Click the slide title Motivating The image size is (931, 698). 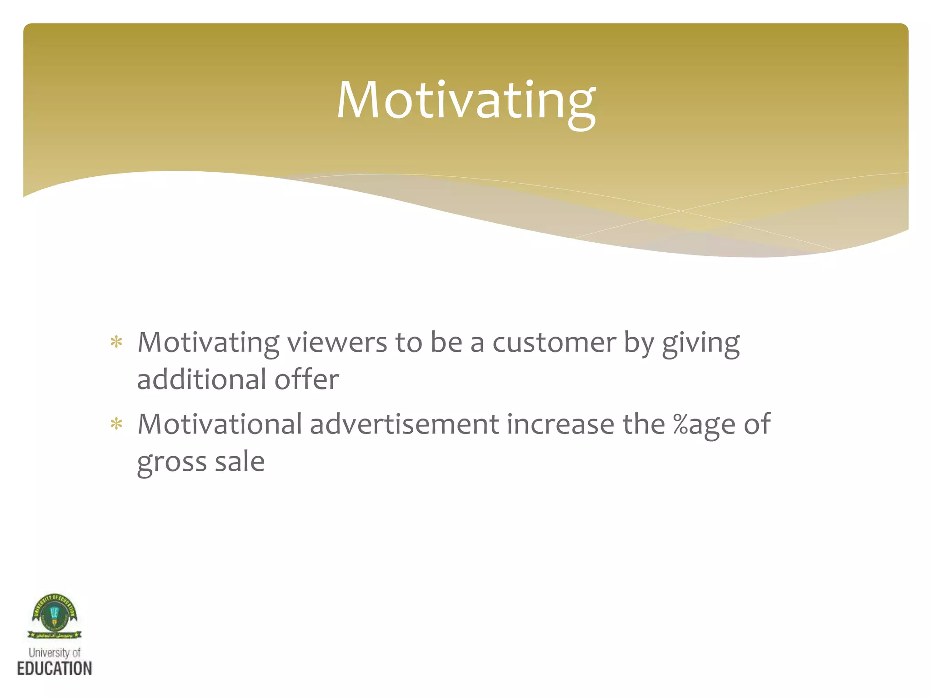(465, 101)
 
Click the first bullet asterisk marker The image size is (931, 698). (117, 342)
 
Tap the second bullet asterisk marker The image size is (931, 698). (117, 424)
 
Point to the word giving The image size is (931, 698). (701, 344)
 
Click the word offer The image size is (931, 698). (307, 379)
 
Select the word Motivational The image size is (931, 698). (220, 424)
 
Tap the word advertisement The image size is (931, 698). (405, 424)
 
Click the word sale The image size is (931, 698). (240, 462)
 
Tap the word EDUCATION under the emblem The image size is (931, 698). (55, 668)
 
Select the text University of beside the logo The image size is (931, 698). (55, 653)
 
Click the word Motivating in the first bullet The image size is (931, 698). (208, 344)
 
